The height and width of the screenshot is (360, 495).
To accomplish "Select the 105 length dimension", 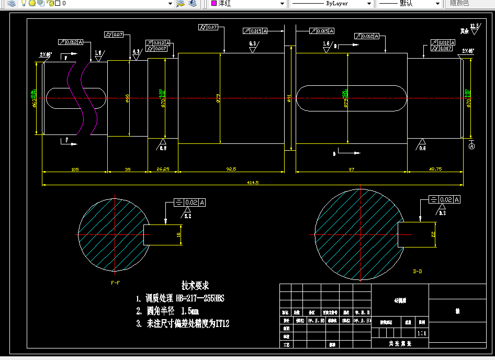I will (75, 169).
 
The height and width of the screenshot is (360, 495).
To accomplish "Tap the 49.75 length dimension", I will (435, 169).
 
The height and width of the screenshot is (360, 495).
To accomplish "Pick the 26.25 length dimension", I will (163, 169).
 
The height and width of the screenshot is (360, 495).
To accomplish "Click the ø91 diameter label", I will (289, 98).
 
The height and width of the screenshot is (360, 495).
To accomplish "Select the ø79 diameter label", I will (218, 98).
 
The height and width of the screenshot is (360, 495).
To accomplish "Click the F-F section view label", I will (116, 283).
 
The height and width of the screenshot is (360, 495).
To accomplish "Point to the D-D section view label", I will (418, 272).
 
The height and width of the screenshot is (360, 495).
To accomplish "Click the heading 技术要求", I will (195, 286).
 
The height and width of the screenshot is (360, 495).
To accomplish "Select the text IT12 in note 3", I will (222, 324).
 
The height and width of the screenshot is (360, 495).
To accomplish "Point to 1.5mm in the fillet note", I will (189, 311).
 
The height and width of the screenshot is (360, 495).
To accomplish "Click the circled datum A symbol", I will (471, 147).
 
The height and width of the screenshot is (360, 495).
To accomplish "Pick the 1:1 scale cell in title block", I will (421, 333).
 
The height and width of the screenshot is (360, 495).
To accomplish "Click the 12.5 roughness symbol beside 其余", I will (474, 28).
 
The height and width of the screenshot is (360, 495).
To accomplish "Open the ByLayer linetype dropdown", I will (332, 4).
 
